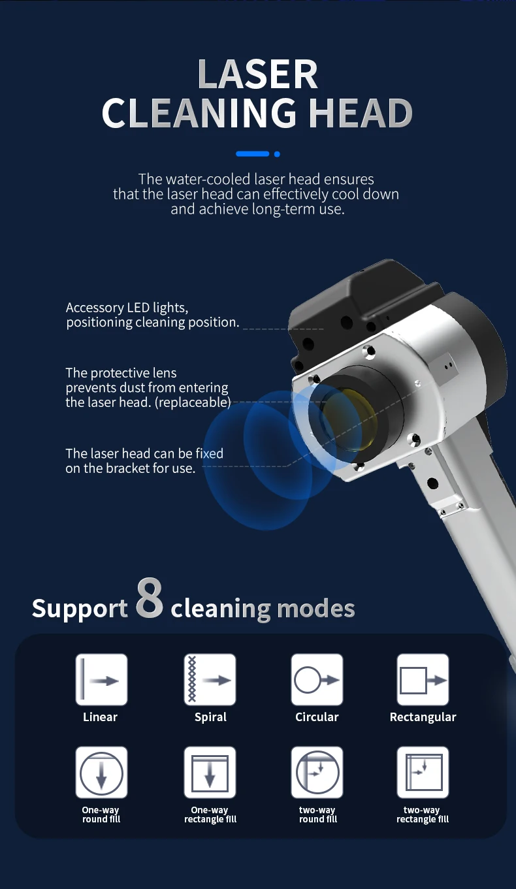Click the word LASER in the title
[x=257, y=74]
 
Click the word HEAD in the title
[x=360, y=113]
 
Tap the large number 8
[x=150, y=598]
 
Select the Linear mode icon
[x=101, y=680]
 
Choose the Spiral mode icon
[x=210, y=680]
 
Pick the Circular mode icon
[x=317, y=680]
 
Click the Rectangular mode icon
[x=423, y=680]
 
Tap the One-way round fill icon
[x=101, y=773]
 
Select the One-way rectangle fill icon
[x=210, y=773]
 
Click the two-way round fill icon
[x=317, y=773]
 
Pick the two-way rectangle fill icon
[x=423, y=773]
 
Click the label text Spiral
[x=210, y=717]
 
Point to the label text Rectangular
[x=423, y=717]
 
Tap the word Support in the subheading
[x=80, y=609]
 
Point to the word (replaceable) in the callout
[x=193, y=402]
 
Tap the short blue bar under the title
[x=253, y=154]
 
